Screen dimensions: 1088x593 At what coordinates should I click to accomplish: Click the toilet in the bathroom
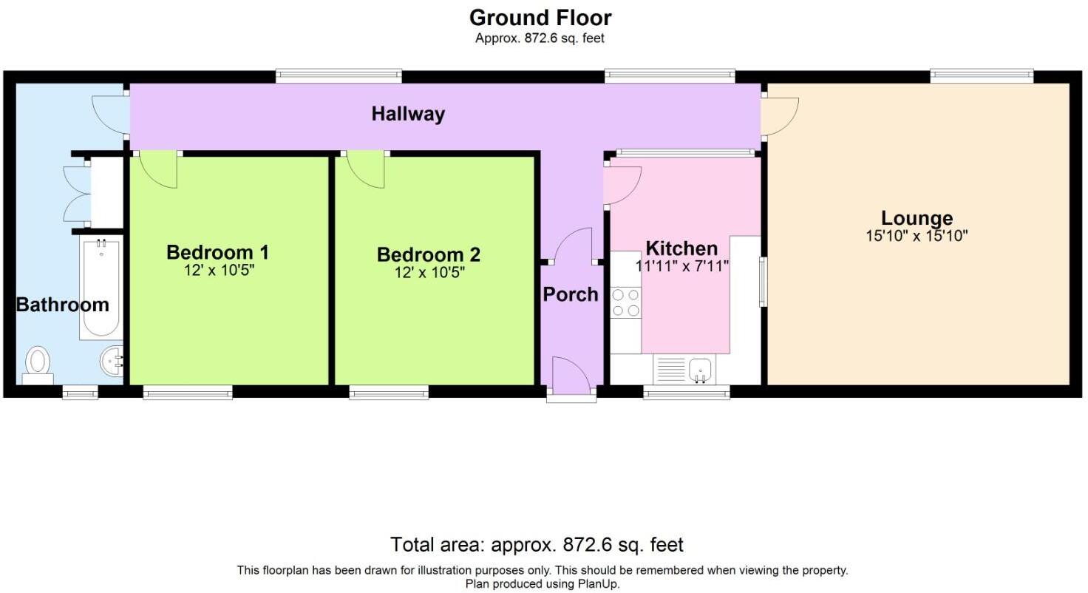click(x=38, y=365)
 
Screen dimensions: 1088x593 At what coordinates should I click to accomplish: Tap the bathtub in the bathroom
click(x=101, y=288)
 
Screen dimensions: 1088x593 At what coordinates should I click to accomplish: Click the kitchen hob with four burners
click(x=626, y=302)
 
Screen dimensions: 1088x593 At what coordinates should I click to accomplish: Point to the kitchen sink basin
click(x=700, y=370)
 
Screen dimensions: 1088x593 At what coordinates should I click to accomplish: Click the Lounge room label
click(x=917, y=218)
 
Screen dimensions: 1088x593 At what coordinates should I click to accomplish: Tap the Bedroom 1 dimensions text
click(x=219, y=271)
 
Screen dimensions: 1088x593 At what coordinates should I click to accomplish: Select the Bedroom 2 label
click(x=429, y=254)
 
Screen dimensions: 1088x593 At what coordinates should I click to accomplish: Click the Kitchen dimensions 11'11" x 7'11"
click(x=682, y=266)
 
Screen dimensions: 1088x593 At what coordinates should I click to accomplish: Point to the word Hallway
click(x=408, y=114)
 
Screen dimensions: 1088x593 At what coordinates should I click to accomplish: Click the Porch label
click(x=570, y=294)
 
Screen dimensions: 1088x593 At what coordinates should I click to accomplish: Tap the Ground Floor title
click(x=540, y=18)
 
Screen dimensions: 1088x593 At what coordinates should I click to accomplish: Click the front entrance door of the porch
click(x=571, y=375)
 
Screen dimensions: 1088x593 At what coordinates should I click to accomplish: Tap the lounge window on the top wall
click(x=982, y=76)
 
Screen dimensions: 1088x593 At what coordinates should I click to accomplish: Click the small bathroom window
click(x=80, y=393)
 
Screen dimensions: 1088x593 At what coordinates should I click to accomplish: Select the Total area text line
click(x=537, y=544)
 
